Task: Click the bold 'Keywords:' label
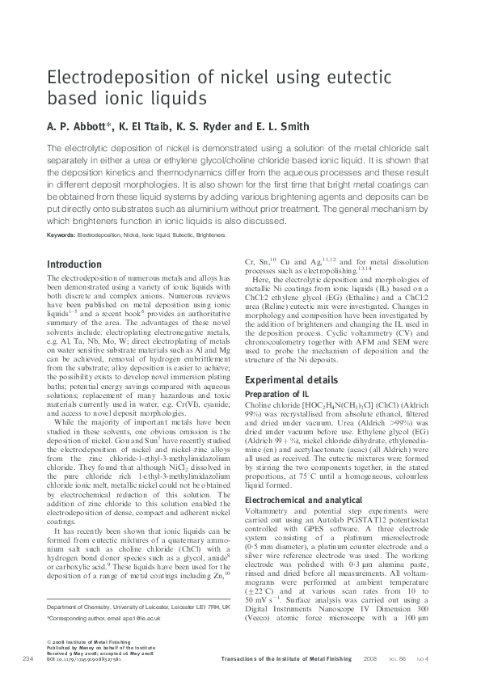(61, 235)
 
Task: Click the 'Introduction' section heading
(74, 264)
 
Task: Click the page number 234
(27, 661)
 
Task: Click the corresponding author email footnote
(112, 640)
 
